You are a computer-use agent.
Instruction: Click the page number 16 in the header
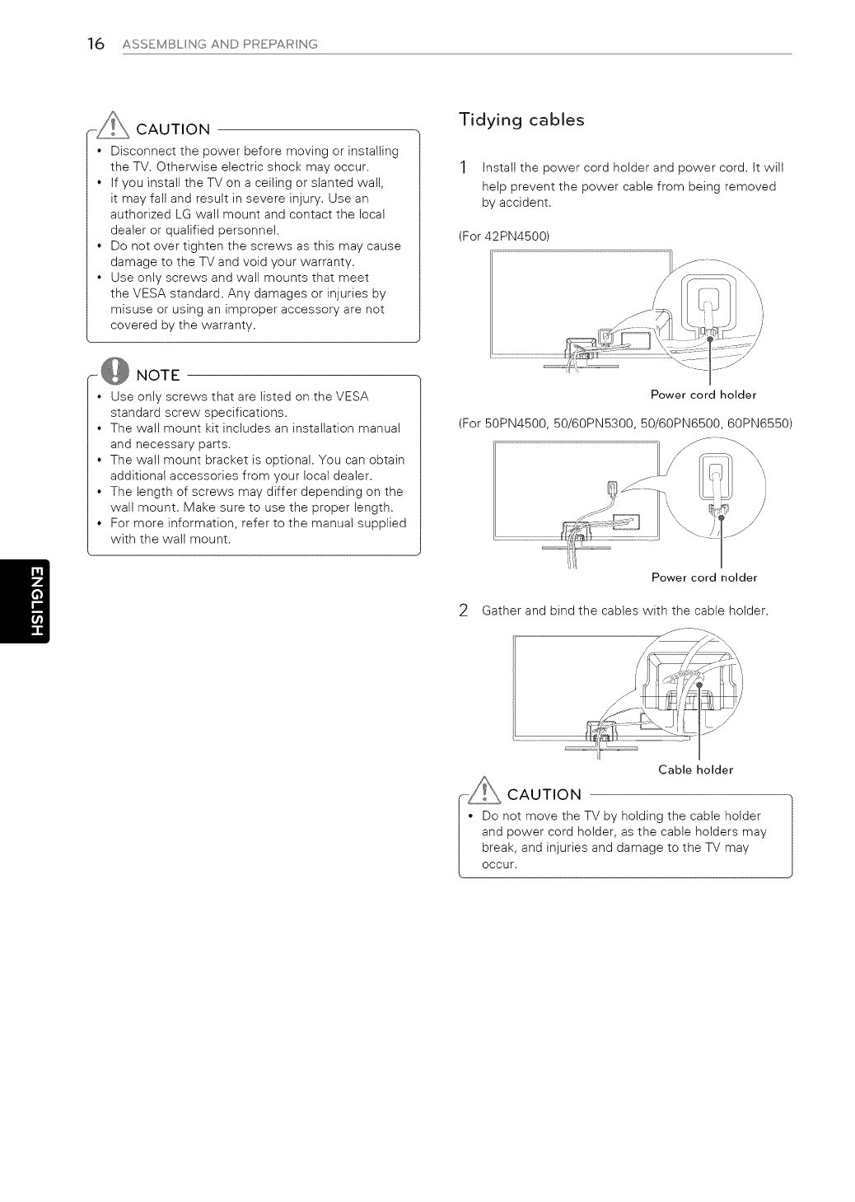pyautogui.click(x=96, y=44)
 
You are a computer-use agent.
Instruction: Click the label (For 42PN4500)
pyautogui.click(x=503, y=236)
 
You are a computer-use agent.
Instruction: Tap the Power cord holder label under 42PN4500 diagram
pyautogui.click(x=703, y=394)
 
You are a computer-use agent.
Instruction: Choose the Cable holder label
pyautogui.click(x=695, y=769)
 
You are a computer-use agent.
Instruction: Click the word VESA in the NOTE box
pyautogui.click(x=352, y=396)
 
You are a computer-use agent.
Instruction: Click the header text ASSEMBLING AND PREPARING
pyautogui.click(x=218, y=44)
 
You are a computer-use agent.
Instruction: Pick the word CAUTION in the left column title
pyautogui.click(x=173, y=129)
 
